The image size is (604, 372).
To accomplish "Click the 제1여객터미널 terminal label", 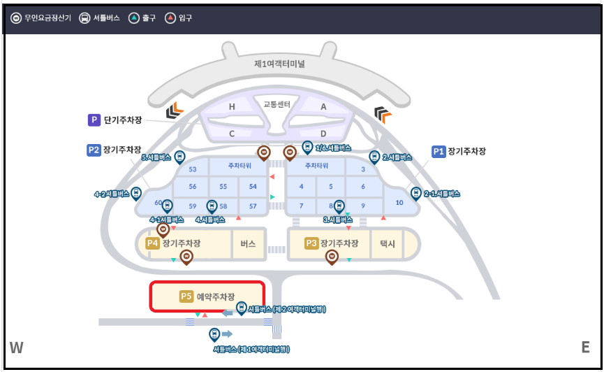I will coord(279,64).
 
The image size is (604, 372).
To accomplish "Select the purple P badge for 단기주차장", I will coord(94,120).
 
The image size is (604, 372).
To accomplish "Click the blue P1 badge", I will coord(438,151).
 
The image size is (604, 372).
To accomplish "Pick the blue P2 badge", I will coord(94,150).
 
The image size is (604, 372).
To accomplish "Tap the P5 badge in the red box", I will coord(186,296).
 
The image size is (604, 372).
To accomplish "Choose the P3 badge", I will coord(312,243).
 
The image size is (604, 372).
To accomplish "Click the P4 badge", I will coord(153,243).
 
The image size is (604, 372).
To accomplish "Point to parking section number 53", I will coord(193,169).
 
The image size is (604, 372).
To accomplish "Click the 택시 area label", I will coord(388,243).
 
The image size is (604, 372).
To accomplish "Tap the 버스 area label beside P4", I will coord(248,243).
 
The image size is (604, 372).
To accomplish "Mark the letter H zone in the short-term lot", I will coord(232,107).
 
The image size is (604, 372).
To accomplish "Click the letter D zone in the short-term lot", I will coord(323,133).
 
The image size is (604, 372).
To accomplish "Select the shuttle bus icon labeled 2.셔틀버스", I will coord(374,157).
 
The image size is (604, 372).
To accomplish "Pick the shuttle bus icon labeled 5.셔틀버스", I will coord(179,157).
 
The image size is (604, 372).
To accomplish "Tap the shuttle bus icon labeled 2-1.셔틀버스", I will coord(416,193).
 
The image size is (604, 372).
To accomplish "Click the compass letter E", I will coord(585,348).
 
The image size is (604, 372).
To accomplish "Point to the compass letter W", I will coord(17,348).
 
